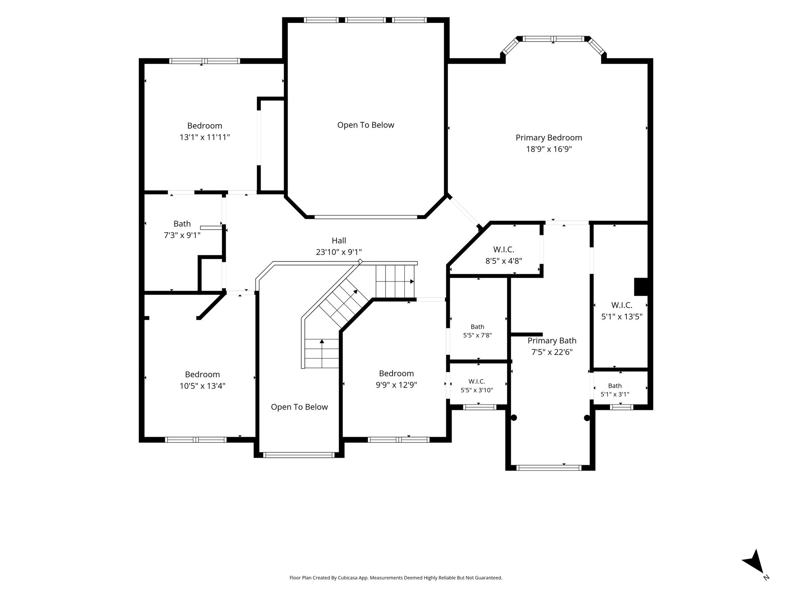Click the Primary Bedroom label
549,138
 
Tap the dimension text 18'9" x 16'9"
549,149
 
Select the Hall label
339,241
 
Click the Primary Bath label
552,341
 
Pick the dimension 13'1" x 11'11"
205,137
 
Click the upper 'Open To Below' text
366,125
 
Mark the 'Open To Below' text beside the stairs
299,407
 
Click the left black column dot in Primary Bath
514,418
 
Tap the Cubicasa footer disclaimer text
396,578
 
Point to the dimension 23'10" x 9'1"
339,252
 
